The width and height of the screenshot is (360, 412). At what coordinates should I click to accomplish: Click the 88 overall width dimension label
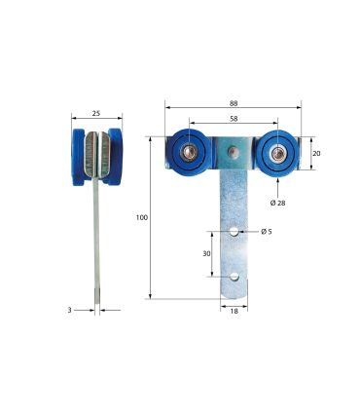(x=234, y=103)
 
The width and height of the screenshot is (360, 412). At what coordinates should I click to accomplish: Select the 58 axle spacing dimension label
(x=234, y=119)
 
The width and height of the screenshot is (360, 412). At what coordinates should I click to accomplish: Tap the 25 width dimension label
(x=96, y=113)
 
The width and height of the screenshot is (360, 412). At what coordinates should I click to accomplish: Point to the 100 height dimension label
(x=142, y=217)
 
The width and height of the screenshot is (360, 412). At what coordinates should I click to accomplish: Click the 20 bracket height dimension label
(x=316, y=153)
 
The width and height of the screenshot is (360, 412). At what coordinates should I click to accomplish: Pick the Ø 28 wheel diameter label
(x=277, y=203)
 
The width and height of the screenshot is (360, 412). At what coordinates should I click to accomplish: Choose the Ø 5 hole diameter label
(x=267, y=232)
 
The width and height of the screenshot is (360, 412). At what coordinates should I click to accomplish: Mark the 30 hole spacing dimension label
(x=206, y=254)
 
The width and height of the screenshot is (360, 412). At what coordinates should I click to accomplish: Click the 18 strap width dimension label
(x=234, y=311)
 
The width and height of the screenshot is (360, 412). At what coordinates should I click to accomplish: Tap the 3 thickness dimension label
(x=69, y=310)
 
